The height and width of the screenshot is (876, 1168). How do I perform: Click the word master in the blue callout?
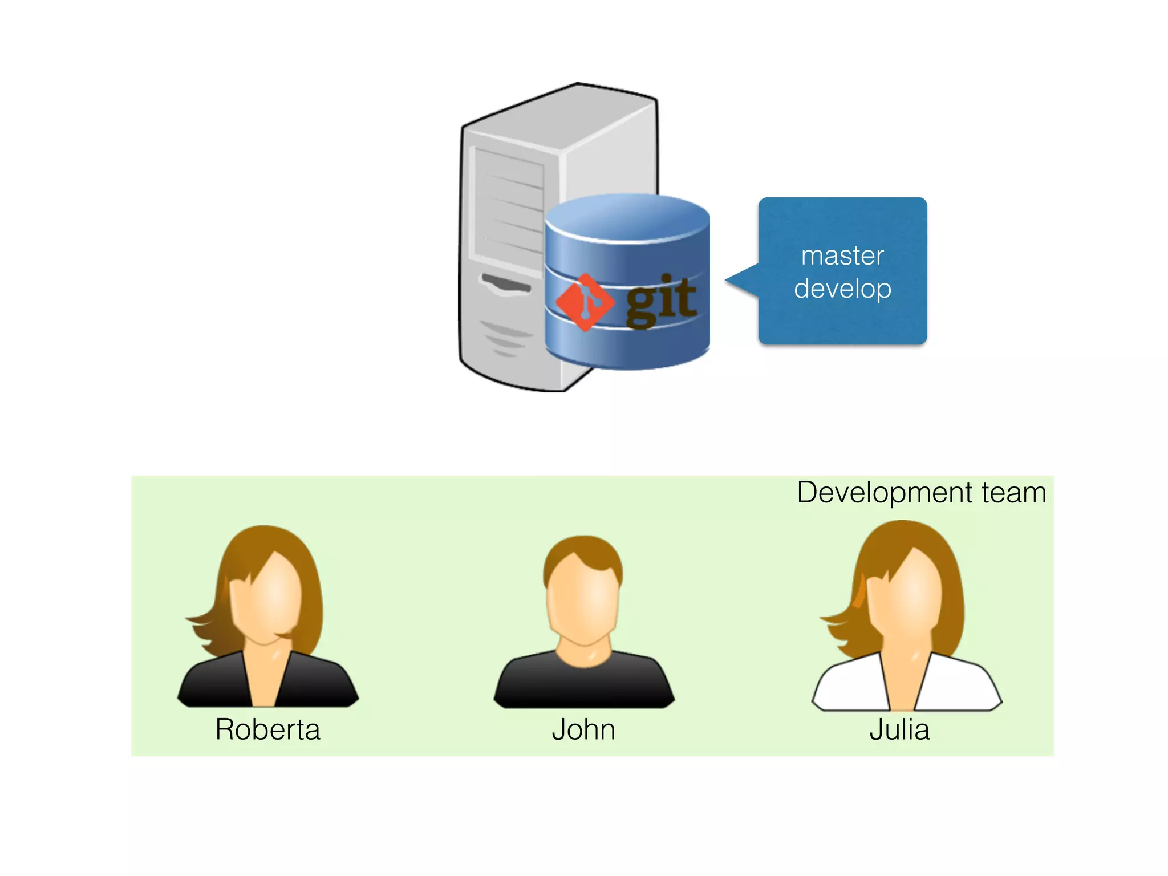click(x=842, y=255)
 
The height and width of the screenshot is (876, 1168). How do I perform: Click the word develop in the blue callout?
click(x=842, y=289)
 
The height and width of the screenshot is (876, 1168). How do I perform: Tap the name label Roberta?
click(x=267, y=729)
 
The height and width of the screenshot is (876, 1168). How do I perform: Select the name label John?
click(x=583, y=729)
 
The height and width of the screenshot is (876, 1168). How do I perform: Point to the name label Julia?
click(x=899, y=729)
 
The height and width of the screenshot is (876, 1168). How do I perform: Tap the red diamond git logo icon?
click(x=585, y=302)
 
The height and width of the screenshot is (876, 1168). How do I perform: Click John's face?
click(x=583, y=602)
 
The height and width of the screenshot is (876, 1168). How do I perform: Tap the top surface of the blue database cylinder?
click(x=627, y=217)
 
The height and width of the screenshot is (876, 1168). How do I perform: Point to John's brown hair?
click(x=583, y=550)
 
